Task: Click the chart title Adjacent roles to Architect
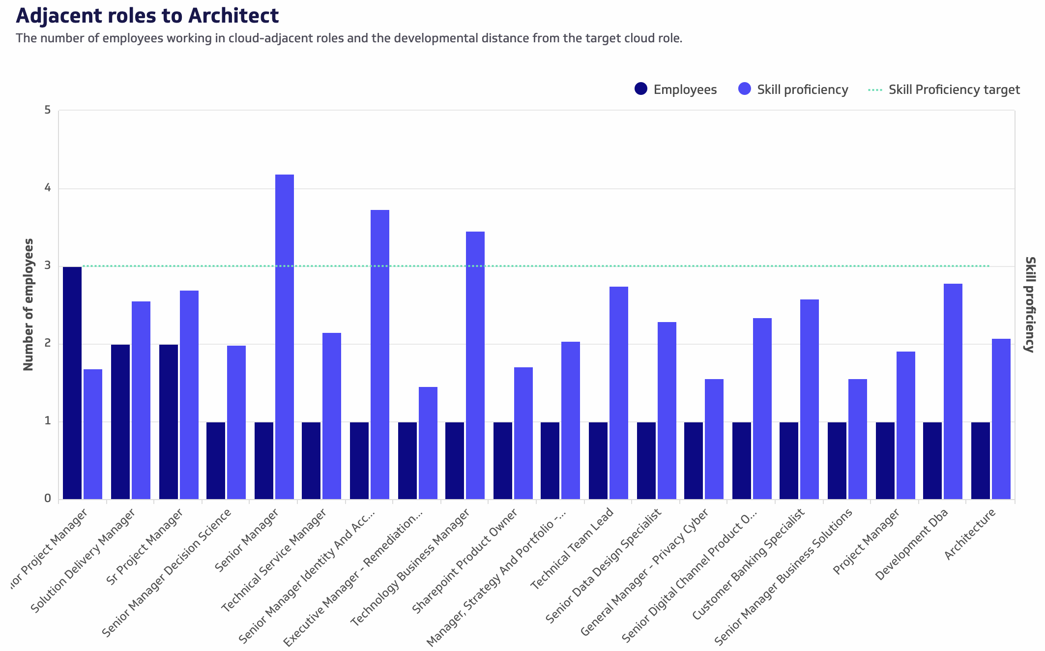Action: tap(147, 16)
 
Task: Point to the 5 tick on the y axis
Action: tap(48, 110)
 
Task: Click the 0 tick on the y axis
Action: tap(48, 498)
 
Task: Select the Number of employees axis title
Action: tap(29, 304)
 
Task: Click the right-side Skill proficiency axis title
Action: tap(1030, 304)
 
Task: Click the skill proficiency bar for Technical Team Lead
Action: tap(619, 393)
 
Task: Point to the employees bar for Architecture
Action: tap(981, 461)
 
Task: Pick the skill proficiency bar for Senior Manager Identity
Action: tap(380, 355)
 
